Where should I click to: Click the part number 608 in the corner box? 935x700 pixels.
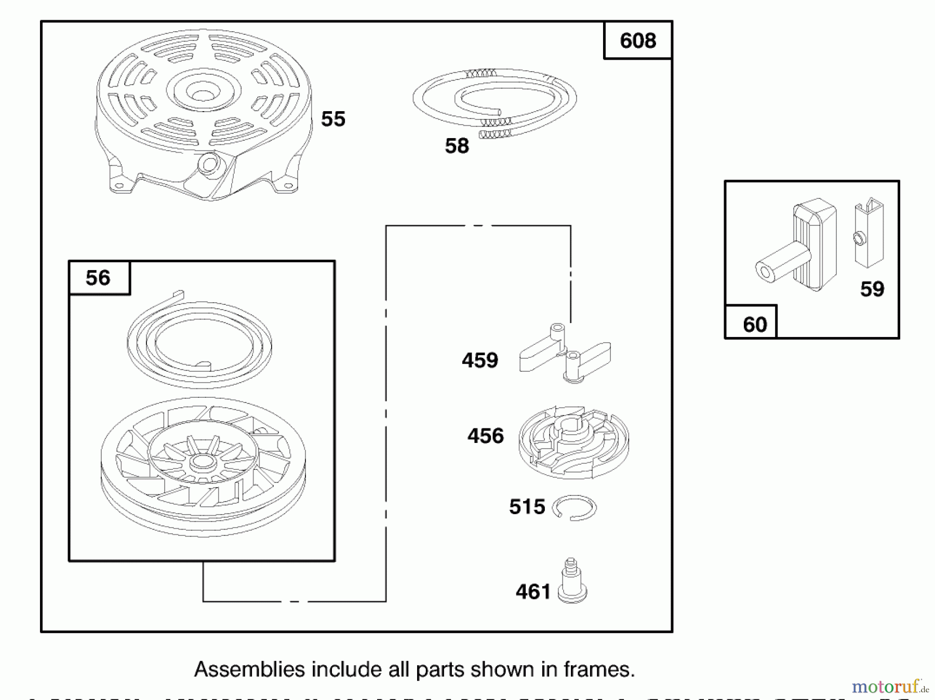point(638,41)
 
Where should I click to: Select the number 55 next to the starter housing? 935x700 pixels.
point(333,119)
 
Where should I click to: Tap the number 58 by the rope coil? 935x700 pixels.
point(457,146)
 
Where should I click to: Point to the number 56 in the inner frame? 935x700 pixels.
point(98,278)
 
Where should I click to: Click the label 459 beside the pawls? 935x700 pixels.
point(480,360)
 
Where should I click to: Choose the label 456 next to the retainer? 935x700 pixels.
point(486,436)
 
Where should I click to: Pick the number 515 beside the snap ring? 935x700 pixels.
point(527,507)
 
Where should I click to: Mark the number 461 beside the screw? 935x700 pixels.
point(533,591)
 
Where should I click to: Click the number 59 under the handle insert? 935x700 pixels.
point(872,289)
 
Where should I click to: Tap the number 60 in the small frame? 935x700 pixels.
point(755,325)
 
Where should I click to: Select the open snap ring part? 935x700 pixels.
point(575,507)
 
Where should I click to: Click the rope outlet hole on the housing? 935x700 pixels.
point(209,165)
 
